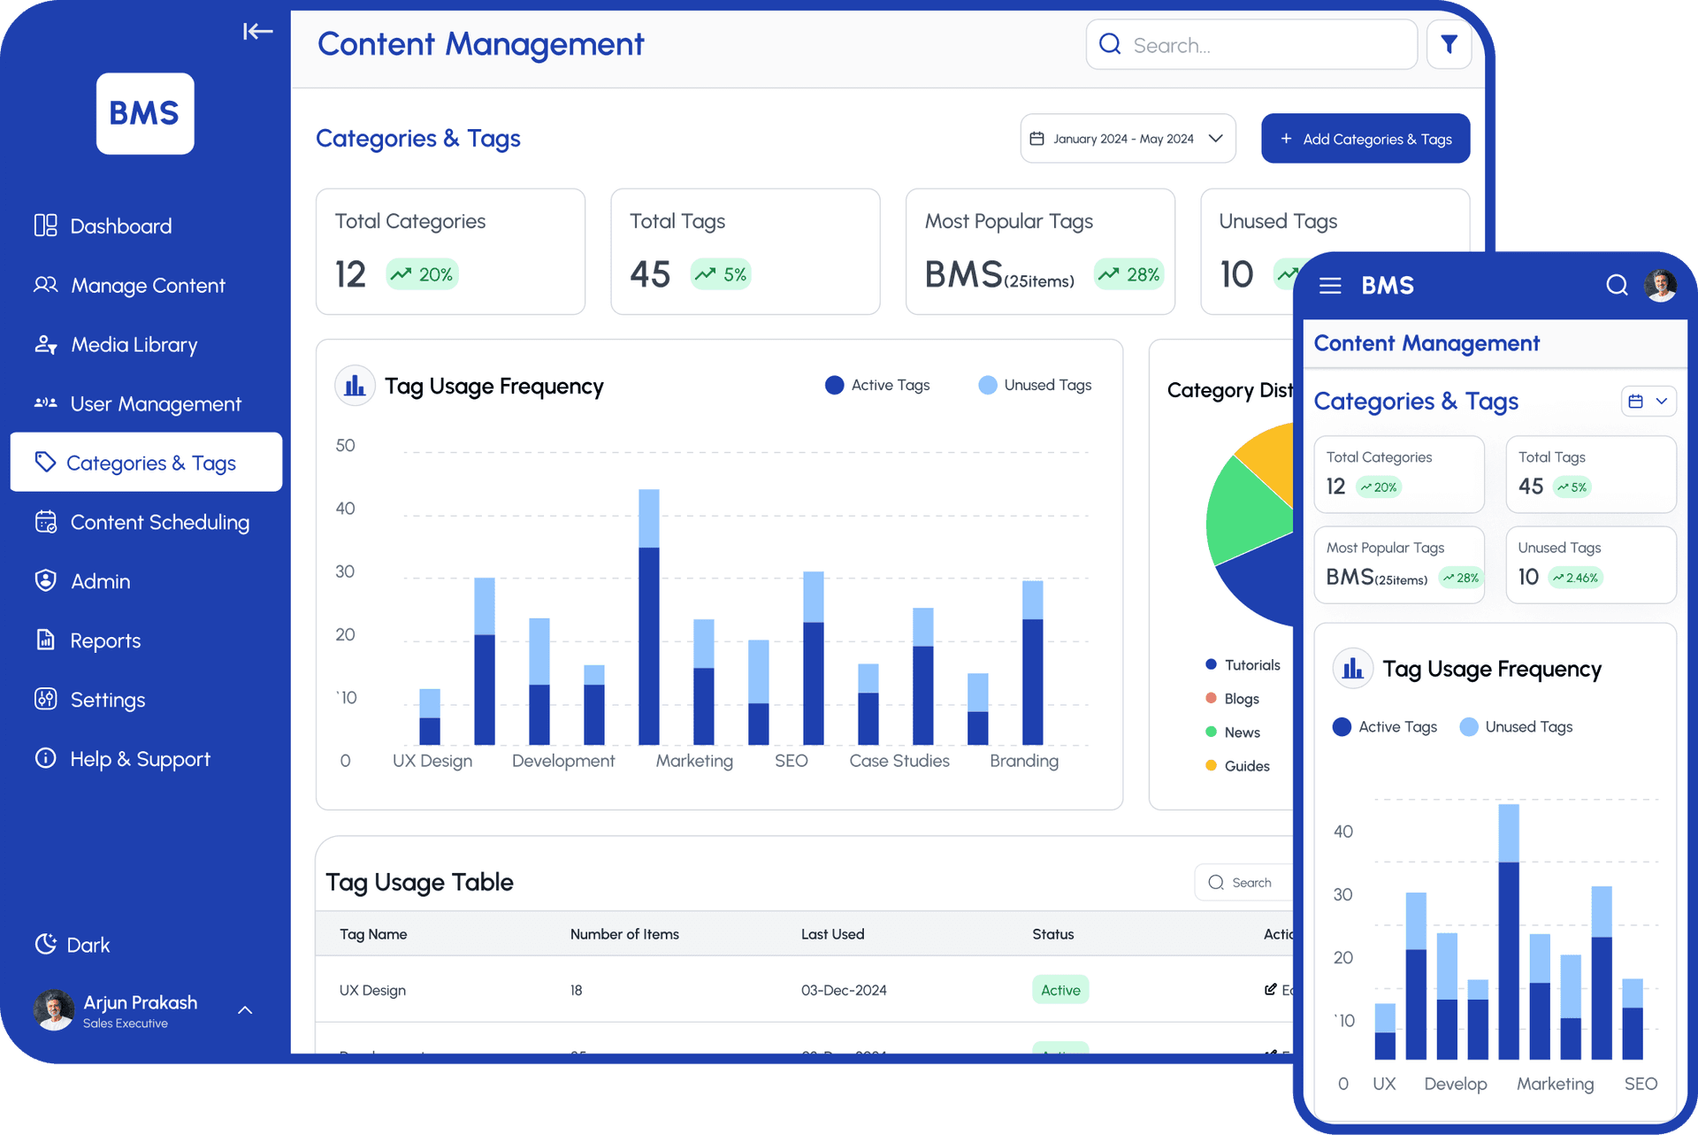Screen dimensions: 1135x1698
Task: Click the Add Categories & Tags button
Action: [1365, 139]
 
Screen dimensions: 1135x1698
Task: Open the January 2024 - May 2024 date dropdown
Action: [1128, 139]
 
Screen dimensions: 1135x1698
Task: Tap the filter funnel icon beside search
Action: [1449, 44]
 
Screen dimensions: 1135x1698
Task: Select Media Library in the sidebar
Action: [134, 345]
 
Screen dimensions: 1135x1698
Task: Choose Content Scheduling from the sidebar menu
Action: [159, 523]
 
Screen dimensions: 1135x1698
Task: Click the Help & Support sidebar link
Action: [140, 759]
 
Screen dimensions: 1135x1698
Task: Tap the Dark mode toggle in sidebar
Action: [73, 945]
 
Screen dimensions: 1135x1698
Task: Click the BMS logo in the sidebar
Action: [145, 113]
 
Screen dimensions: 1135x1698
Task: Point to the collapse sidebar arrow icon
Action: [257, 32]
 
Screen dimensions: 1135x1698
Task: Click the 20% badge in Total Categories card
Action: [423, 274]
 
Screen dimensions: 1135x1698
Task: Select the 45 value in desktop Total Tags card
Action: [650, 274]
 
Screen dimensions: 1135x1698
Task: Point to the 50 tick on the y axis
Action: [345, 446]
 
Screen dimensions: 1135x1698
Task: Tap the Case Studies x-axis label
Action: [899, 761]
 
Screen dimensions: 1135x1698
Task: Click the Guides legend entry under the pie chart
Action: [1246, 766]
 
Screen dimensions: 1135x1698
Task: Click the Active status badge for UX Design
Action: [1060, 990]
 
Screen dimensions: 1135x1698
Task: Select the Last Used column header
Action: [832, 934]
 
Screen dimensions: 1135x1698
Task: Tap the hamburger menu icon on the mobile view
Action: [1330, 286]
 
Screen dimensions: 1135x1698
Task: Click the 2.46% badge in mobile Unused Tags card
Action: [1576, 578]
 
